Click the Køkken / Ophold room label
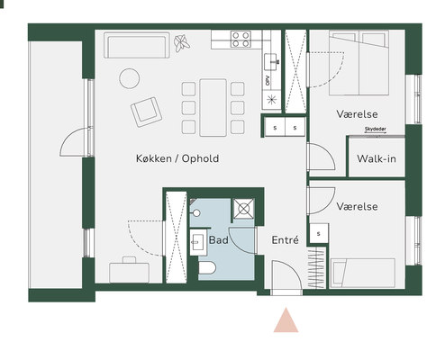177,158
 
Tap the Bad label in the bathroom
219,240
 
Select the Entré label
285,239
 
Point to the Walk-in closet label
377,158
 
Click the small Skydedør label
376,130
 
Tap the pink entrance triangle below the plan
286,319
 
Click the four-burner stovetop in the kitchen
241,40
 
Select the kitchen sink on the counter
271,62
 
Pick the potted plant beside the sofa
182,43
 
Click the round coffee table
130,78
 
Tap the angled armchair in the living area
146,112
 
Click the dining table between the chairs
213,108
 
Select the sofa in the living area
137,45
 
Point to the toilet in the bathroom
207,267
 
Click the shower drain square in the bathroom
243,209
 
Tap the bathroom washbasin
198,242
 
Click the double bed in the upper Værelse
359,63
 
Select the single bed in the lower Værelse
363,274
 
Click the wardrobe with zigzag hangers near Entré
316,267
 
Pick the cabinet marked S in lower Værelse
319,233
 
